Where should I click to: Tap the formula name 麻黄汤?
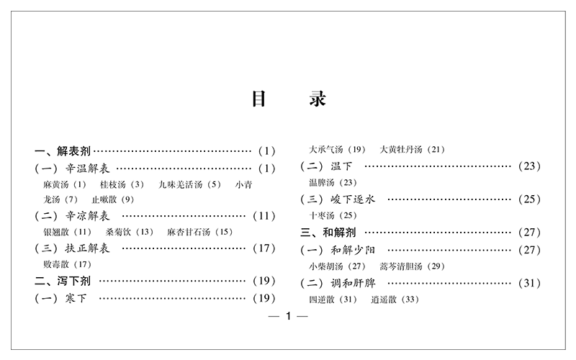pyautogui.click(x=58, y=184)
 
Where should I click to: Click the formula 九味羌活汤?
pyautogui.click(x=181, y=184)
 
